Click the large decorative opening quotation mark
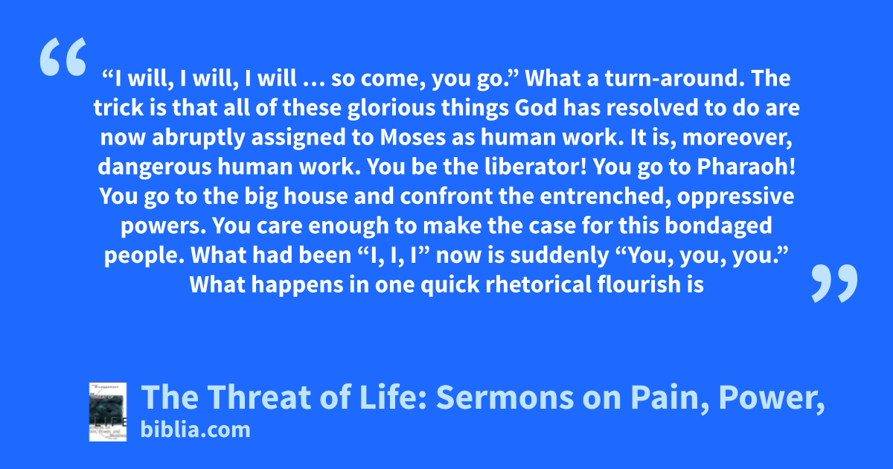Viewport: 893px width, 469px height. (63, 57)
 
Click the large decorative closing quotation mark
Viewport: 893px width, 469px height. (834, 283)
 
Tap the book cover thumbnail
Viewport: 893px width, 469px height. (108, 412)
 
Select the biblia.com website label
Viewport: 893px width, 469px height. (195, 430)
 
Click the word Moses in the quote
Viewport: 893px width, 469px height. (412, 137)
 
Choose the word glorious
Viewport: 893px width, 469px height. (391, 108)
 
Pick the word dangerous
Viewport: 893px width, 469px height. (155, 167)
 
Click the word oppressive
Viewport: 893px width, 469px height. (735, 197)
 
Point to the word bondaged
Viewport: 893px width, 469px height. (718, 226)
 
